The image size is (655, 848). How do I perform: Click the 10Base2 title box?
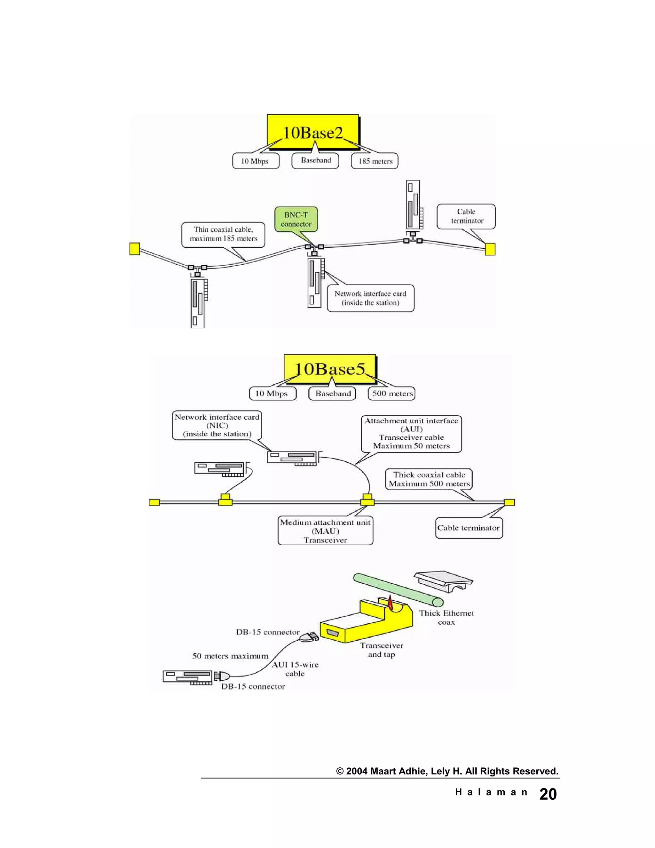click(x=313, y=132)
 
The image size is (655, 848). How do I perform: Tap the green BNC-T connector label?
click(x=296, y=220)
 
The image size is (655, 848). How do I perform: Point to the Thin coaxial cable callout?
click(x=223, y=234)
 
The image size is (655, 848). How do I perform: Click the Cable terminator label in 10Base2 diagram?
click(x=466, y=216)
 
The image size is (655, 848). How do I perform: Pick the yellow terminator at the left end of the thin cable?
click(x=134, y=249)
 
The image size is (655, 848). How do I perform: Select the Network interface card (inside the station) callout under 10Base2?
click(x=371, y=298)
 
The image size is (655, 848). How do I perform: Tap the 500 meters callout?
click(x=392, y=393)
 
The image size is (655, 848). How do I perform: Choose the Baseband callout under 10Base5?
click(x=333, y=393)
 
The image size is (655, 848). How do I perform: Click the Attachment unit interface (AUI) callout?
click(x=411, y=433)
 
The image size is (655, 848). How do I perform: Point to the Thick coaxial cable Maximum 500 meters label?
click(x=429, y=479)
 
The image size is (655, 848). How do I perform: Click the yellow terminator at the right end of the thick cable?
click(x=509, y=502)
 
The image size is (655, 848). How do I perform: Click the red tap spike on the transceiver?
click(x=390, y=604)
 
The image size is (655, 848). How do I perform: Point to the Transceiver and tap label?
click(x=382, y=650)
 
